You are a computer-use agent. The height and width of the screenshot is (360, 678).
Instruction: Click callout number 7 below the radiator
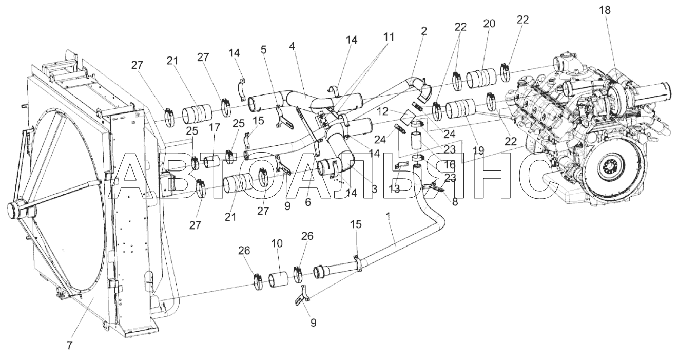pos(70,345)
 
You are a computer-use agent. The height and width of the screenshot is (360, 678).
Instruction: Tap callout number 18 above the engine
pos(605,10)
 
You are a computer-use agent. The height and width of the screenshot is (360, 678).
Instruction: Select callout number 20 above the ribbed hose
pos(489,23)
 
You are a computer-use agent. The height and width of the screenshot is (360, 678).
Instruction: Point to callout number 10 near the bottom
pos(277,243)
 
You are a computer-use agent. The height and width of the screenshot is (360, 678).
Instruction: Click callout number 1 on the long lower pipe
pos(389,217)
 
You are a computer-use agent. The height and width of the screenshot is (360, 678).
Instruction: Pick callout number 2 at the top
pos(424,31)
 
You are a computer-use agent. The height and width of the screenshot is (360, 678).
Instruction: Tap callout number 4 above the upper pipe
pos(292,46)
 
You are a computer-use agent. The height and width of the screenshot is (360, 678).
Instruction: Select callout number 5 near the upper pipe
pos(264,50)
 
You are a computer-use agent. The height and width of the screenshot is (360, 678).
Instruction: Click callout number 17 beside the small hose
pos(215,127)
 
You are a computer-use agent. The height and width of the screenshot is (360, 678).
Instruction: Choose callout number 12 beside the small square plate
pos(382,111)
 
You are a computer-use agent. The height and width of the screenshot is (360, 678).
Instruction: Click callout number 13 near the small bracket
pos(394,189)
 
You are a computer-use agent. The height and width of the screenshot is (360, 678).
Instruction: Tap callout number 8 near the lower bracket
pos(455,202)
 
